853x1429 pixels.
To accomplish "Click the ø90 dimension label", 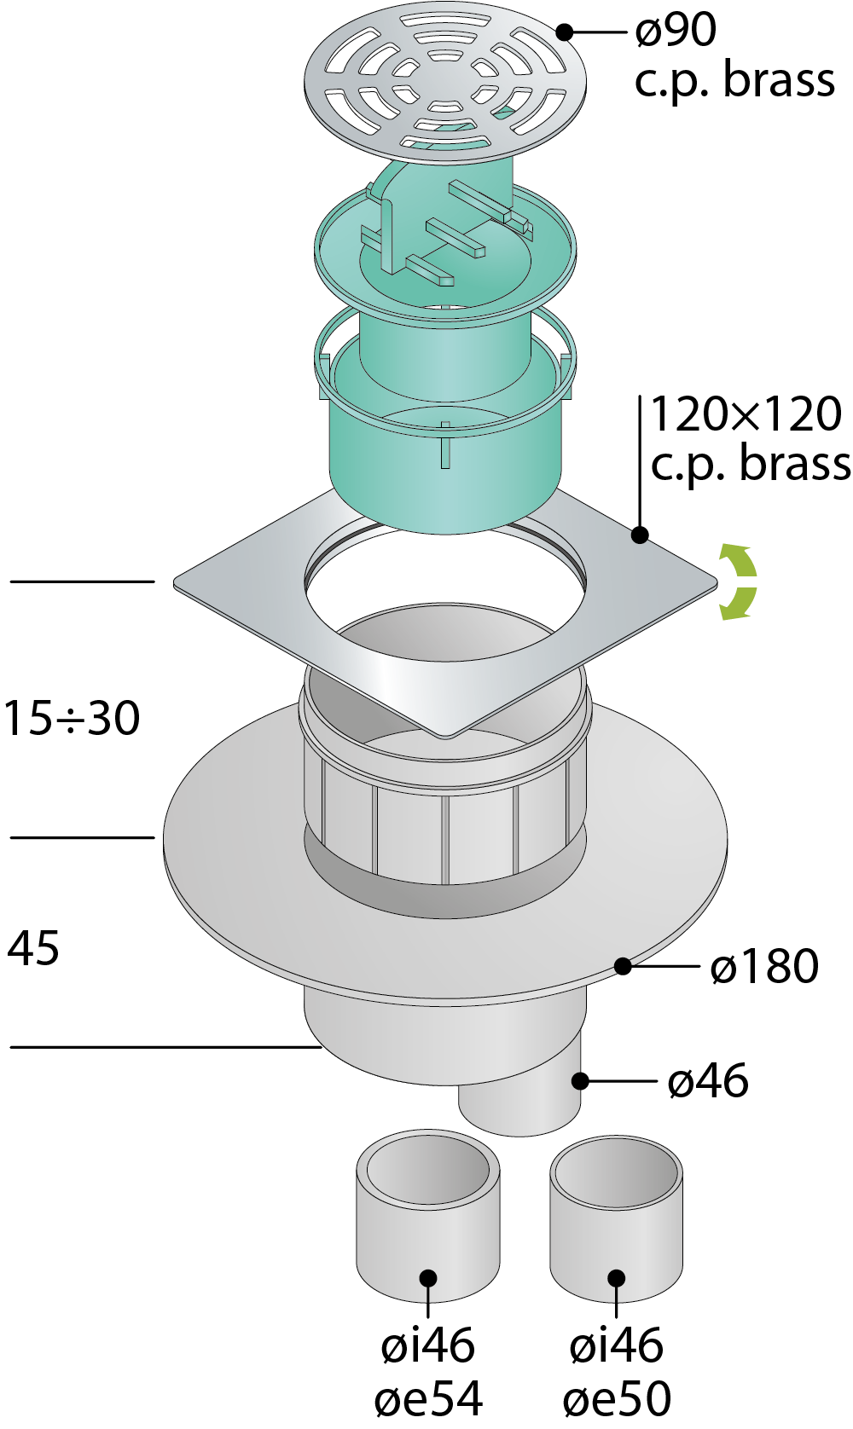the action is point(676,30).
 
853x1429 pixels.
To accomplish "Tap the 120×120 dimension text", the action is point(746,414).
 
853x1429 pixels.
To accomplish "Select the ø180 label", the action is point(764,966).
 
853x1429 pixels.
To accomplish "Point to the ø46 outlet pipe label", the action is point(708,1080).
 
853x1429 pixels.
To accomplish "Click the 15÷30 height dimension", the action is point(72,718).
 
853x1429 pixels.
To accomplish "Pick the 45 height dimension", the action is point(33,948).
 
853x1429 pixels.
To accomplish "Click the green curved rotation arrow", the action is point(740,581).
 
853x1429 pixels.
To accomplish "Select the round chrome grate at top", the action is point(445,84).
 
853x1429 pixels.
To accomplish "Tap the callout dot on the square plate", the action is point(640,535).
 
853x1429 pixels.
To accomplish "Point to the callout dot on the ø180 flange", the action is point(624,967).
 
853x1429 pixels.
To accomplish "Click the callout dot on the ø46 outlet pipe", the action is point(580,1081).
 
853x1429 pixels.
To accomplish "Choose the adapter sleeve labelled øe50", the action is point(617,1218).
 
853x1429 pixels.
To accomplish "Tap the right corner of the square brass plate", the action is point(717,581).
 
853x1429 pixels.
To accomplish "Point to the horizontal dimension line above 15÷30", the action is point(82,581).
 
